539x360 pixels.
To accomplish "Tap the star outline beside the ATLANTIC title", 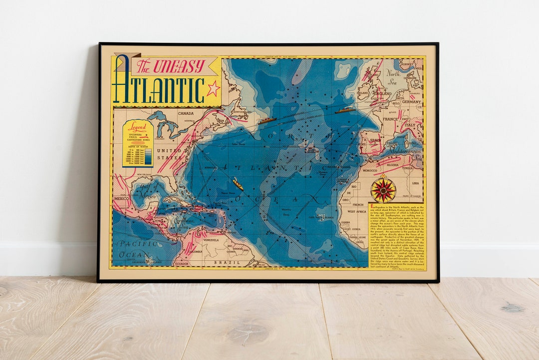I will [x=213, y=89].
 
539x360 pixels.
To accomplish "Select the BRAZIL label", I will [x=223, y=262].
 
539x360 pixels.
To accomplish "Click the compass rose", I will [x=383, y=190].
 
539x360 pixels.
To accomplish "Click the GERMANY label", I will [x=411, y=102].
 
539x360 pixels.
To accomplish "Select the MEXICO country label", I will [x=122, y=198].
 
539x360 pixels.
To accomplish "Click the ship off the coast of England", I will [x=345, y=110].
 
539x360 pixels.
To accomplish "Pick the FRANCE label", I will [x=390, y=120].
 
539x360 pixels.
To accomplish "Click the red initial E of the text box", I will [x=371, y=206].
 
